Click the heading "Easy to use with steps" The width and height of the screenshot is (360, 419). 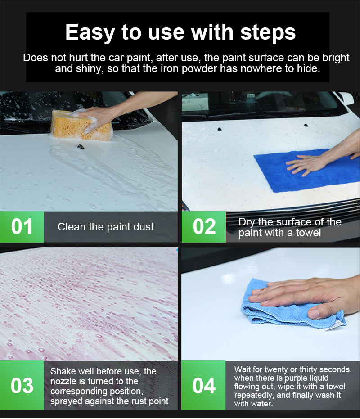click(x=180, y=33)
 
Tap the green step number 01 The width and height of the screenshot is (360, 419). click(x=22, y=227)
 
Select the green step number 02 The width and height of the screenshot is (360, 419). click(x=204, y=227)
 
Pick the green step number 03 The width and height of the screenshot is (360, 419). click(x=22, y=386)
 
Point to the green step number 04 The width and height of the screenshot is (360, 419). click(x=204, y=386)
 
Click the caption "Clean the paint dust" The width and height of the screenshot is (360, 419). click(x=106, y=227)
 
